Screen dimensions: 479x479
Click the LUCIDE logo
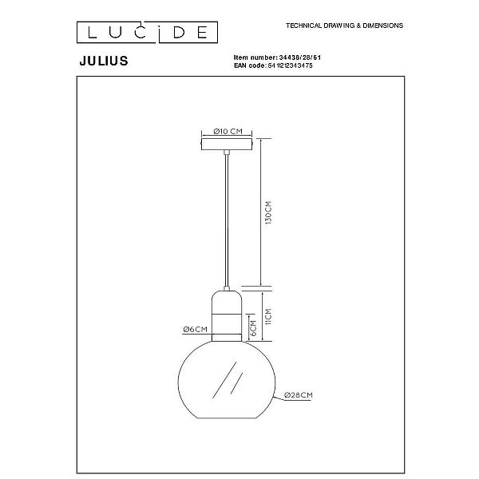click(x=147, y=32)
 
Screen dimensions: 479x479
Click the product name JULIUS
click(x=104, y=61)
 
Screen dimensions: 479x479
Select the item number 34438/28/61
click(x=300, y=57)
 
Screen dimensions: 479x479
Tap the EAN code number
click(x=291, y=65)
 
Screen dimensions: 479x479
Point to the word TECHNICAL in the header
click(x=304, y=26)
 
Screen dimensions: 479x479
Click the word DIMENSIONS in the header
click(x=382, y=26)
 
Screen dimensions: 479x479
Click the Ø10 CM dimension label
click(x=228, y=132)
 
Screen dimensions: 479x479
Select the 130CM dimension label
click(x=268, y=213)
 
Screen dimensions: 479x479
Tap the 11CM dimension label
click(x=268, y=316)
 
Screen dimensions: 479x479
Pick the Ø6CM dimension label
click(x=196, y=329)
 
